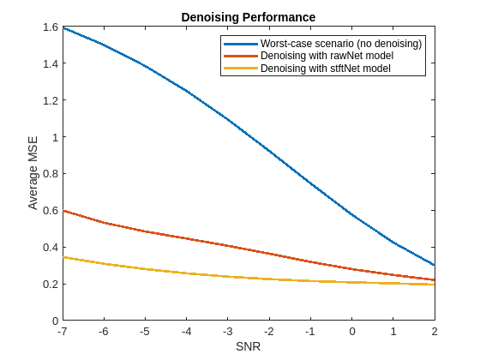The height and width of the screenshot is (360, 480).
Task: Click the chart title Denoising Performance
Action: pyautogui.click(x=249, y=17)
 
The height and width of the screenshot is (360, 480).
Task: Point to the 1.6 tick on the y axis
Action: pyautogui.click(x=50, y=27)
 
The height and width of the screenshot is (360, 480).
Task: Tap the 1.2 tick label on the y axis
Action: pyautogui.click(x=50, y=100)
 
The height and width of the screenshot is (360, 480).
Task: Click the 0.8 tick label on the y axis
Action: pyautogui.click(x=50, y=174)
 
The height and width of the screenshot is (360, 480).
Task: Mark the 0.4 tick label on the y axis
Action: pyautogui.click(x=50, y=247)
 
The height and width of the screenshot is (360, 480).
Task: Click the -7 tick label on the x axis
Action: pyautogui.click(x=62, y=331)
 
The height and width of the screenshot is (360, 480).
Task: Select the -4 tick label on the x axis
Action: pyautogui.click(x=186, y=331)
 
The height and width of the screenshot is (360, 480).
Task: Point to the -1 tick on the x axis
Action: pyautogui.click(x=310, y=331)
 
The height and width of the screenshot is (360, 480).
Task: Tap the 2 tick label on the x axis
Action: pyautogui.click(x=435, y=331)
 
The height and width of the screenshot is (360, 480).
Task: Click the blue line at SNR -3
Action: pyautogui.click(x=227, y=119)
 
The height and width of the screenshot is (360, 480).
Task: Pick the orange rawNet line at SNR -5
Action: pyautogui.click(x=145, y=231)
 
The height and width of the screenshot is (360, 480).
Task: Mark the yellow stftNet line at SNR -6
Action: pyautogui.click(x=103, y=264)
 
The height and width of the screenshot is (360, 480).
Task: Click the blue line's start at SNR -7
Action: pyautogui.click(x=63, y=27)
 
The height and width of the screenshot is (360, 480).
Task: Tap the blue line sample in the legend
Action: pyautogui.click(x=240, y=44)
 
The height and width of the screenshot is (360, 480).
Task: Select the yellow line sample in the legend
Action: pyautogui.click(x=240, y=68)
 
